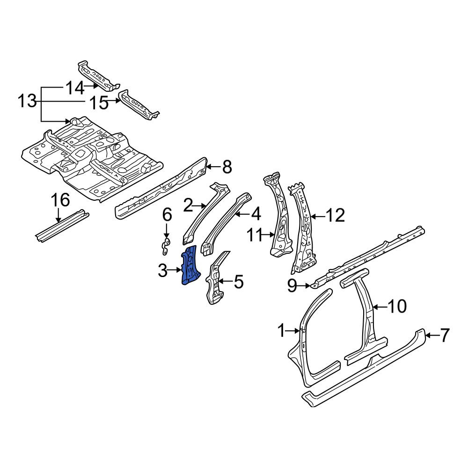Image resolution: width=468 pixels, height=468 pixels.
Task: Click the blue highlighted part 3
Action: click(x=190, y=265)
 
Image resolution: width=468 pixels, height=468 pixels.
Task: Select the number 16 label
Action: click(x=61, y=200)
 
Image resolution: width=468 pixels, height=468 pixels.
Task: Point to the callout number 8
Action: click(x=227, y=167)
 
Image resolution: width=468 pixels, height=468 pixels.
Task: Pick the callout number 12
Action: click(x=336, y=215)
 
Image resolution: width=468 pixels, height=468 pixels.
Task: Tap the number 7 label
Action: click(x=445, y=335)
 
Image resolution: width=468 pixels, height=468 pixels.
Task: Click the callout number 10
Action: click(x=397, y=306)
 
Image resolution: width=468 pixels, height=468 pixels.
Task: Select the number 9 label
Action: click(x=292, y=286)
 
